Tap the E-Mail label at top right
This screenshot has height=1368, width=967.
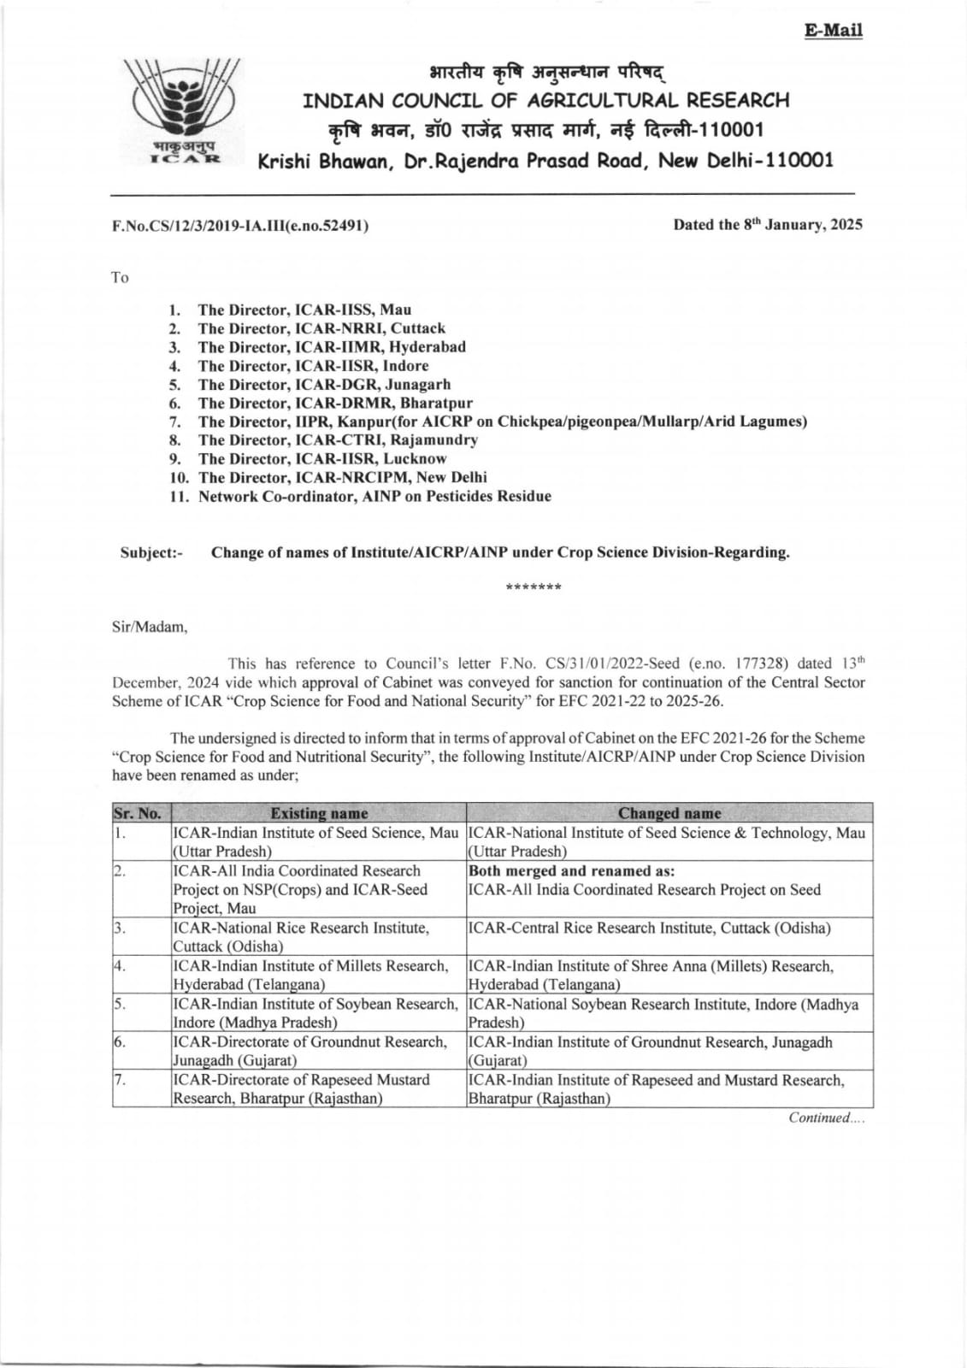coord(834,31)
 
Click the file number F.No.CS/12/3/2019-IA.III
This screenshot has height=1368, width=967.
coord(240,226)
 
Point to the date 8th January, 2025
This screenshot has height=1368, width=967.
coord(767,225)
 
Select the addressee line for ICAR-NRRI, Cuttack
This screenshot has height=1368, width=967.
coord(321,328)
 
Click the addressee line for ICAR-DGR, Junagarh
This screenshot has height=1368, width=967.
coord(323,385)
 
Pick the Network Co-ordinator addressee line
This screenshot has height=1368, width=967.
coord(374,496)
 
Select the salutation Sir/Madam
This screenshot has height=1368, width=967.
coord(150,627)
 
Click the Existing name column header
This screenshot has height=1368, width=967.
coord(318,813)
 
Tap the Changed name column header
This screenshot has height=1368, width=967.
coord(669,813)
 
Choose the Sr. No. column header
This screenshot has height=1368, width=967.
coord(137,813)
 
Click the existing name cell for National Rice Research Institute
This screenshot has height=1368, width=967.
coord(301,936)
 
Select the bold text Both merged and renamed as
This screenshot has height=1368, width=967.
coord(571,871)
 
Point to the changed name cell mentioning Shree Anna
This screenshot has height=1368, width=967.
coord(650,974)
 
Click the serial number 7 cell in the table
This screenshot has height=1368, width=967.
coord(121,1080)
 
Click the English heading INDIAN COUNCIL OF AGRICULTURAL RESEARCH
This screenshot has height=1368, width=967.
coord(546,100)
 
